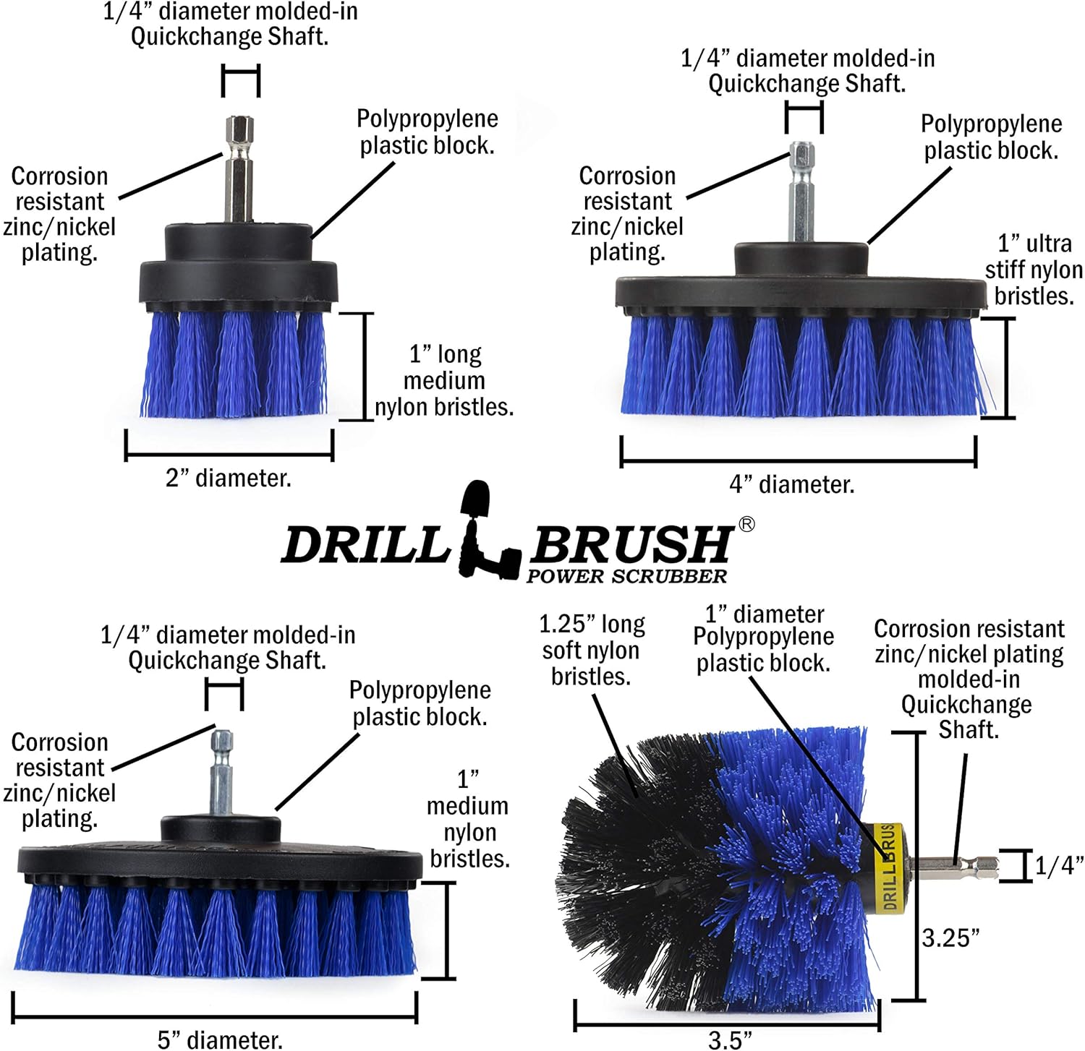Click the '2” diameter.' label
point(229,479)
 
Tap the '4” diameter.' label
point(792,484)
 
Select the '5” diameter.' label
point(220,1039)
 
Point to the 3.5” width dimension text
point(729,1039)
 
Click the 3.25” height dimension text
point(950,938)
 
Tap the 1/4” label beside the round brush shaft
point(1058,865)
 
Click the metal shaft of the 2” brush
point(239,173)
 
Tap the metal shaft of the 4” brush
point(802,195)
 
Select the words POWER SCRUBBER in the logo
point(626,576)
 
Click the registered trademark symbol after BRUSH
point(746,524)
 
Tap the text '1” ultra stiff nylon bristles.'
point(1033,270)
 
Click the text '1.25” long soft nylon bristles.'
point(592,650)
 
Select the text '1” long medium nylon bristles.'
point(443,381)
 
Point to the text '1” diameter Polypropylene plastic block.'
point(763,639)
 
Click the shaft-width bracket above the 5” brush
point(224,695)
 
